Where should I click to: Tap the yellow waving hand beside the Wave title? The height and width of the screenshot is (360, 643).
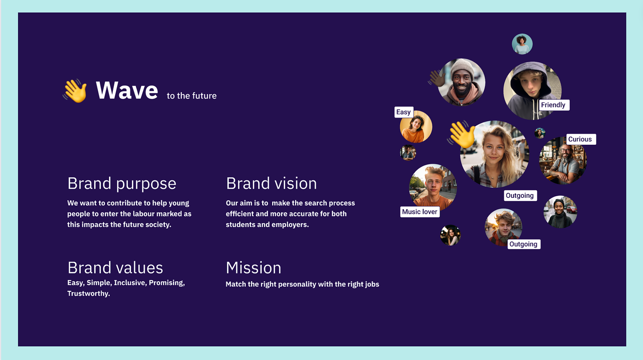coord(75,91)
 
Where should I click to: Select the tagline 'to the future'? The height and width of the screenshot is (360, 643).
coord(192,96)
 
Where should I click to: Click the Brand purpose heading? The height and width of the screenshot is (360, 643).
coord(122,184)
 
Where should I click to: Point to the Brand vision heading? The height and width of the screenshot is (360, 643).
coord(271,183)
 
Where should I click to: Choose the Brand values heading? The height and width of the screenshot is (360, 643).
coord(115,268)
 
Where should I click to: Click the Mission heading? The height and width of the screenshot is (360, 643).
coord(253,268)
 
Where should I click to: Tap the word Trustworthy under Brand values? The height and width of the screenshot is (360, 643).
coord(89,293)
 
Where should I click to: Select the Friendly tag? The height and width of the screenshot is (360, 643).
coord(553,105)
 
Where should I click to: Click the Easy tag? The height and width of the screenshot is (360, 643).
coord(404,112)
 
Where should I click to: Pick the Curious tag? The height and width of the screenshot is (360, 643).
coord(581,139)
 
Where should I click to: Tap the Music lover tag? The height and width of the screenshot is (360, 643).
coord(420,212)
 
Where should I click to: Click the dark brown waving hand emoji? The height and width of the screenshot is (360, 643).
coord(437,78)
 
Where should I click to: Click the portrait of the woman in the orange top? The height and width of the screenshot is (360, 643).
coord(416,127)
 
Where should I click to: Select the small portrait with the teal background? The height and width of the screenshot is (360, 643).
coord(522,44)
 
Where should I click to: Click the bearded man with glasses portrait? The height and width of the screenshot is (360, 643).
coord(563,160)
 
